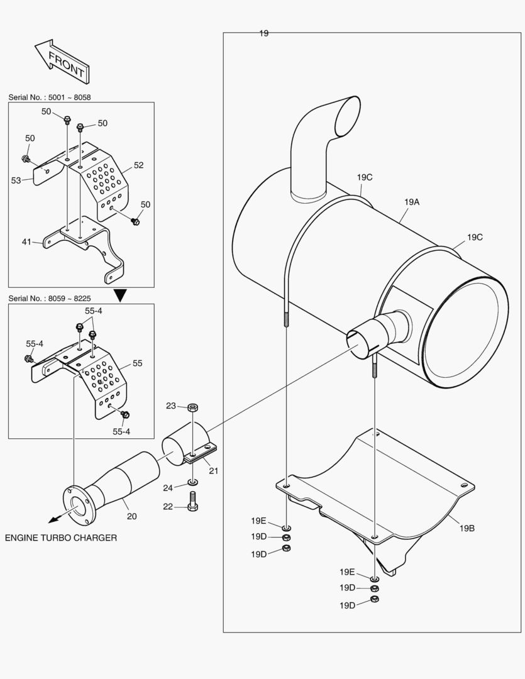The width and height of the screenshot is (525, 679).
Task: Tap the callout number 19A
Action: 412,202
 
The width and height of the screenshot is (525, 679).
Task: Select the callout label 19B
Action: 467,528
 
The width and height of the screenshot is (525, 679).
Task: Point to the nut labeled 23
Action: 193,407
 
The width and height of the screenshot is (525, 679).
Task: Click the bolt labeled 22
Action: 193,500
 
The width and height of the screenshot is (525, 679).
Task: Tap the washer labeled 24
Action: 193,483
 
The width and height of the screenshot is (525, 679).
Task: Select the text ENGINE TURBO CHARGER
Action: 61,538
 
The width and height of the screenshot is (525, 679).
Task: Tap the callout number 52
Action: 138,165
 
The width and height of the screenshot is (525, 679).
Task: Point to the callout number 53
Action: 16,180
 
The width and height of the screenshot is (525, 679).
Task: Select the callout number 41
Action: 26,241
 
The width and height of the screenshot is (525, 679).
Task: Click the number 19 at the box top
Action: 263,33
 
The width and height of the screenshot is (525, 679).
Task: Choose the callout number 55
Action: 137,363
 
